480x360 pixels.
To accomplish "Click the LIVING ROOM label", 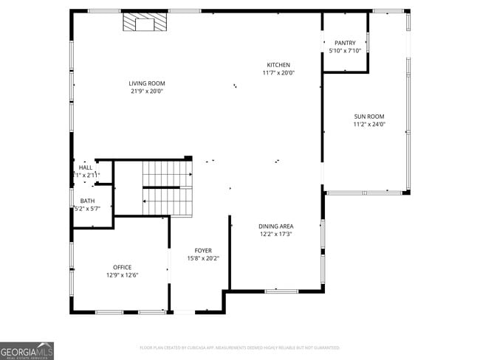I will point(147,83).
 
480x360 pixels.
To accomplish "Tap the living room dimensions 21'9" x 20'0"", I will point(147,91).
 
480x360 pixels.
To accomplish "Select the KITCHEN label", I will point(278,65).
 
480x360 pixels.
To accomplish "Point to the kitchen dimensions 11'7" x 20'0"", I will point(278,73).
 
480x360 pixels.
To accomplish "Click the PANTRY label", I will point(345,43).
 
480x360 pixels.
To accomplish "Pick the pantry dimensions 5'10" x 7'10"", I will point(345,51).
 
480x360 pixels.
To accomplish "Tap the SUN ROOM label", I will point(368,116).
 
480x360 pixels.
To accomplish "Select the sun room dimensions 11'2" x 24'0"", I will point(368,124).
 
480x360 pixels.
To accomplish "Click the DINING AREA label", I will point(275,226).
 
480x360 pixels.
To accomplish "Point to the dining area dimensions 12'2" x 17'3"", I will point(275,234).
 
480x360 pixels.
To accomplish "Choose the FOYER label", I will point(203,251).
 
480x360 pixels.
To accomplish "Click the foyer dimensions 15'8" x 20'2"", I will point(203,259).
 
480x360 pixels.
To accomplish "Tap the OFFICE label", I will point(122,267).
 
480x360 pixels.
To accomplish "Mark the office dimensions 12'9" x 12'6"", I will point(122,275).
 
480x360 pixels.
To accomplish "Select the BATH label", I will point(87,201).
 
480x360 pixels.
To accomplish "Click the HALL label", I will point(86,167).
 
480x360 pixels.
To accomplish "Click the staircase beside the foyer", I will point(167,188).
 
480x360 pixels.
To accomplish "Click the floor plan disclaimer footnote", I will point(239,347).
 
